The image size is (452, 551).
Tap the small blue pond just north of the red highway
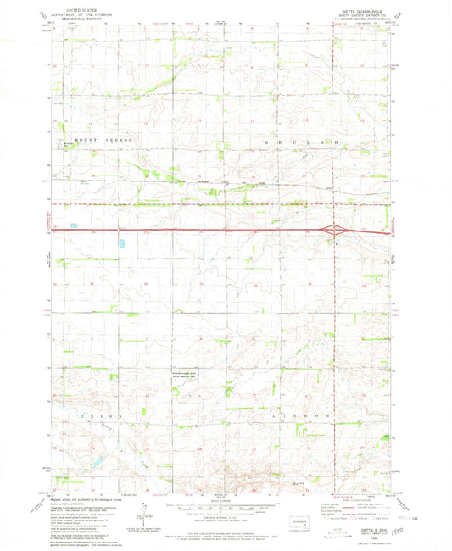(72, 225)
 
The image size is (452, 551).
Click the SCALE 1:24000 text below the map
(226, 498)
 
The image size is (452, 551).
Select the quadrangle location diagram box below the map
(300, 522)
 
